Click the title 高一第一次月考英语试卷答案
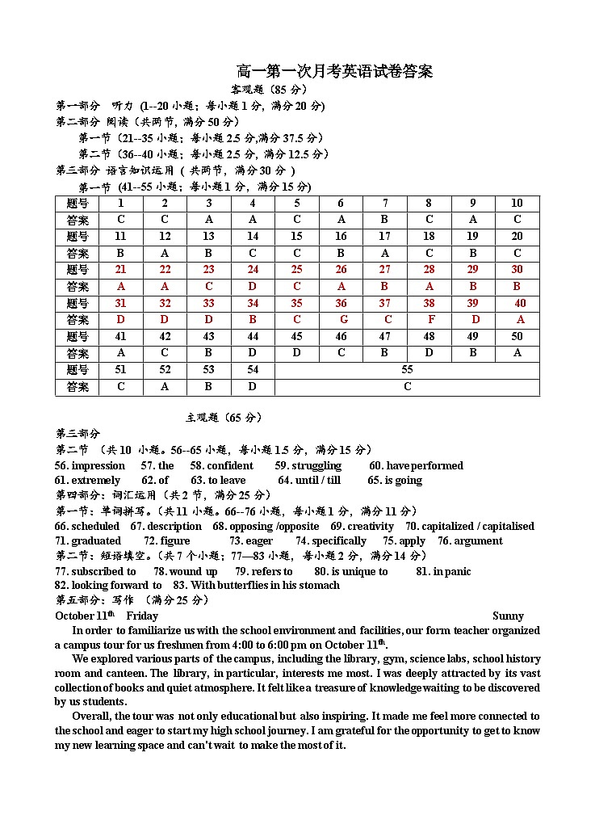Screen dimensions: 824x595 (334, 72)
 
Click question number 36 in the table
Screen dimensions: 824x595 (341, 303)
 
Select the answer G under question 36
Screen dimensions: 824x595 (344, 320)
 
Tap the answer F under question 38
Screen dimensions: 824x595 (432, 320)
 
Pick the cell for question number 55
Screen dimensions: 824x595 (407, 370)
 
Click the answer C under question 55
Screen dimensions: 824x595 (407, 387)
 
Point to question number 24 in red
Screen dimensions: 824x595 (253, 270)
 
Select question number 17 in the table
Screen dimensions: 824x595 (384, 237)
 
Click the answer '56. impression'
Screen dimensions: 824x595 (90, 466)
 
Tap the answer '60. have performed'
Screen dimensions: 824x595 (416, 466)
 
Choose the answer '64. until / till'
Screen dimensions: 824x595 (309, 481)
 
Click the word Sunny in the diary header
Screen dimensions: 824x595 (508, 616)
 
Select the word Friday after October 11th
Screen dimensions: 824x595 (142, 616)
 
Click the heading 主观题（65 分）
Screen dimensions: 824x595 (224, 418)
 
